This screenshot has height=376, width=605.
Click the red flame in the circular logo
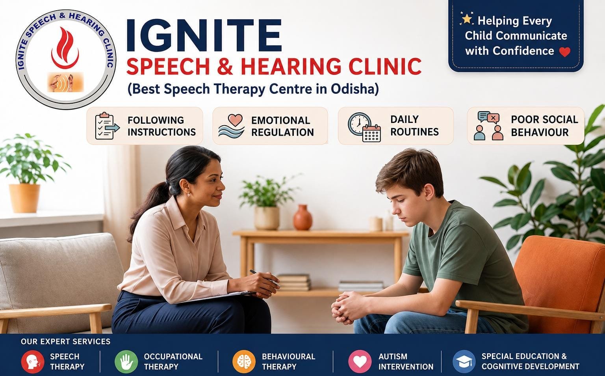65,48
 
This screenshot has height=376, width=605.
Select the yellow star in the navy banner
466,19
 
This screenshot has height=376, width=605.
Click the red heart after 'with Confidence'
565,52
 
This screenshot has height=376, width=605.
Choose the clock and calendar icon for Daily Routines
364,127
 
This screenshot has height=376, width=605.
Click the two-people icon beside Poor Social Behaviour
488,126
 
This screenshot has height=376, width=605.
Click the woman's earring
189,194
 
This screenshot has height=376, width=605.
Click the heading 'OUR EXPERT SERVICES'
66,341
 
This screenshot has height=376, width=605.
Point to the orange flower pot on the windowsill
24,198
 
